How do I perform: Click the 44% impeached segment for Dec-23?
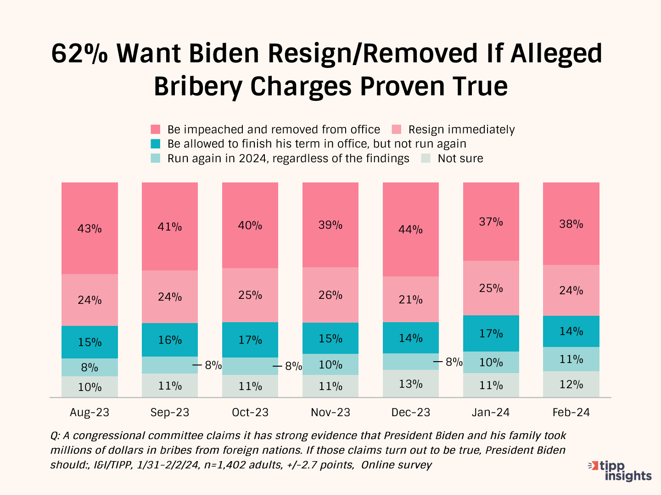tap(410, 229)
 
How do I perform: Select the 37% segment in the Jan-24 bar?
tap(491, 222)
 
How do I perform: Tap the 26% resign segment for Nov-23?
tap(330, 295)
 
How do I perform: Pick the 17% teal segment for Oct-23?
tap(250, 340)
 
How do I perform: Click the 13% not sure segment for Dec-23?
tap(410, 384)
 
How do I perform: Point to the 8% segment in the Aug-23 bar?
tap(90, 367)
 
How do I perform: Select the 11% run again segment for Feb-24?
tap(571, 359)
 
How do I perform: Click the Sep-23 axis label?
tap(170, 412)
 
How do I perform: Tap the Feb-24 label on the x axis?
tap(571, 412)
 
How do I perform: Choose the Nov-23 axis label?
tap(330, 412)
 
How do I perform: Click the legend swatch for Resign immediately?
tap(397, 130)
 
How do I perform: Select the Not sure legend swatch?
tap(426, 159)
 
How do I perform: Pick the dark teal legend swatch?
tap(156, 144)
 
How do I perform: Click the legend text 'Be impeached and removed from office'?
tap(274, 130)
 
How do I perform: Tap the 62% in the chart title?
tap(79, 54)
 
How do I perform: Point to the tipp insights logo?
tap(620, 471)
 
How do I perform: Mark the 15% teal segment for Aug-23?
tap(90, 342)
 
